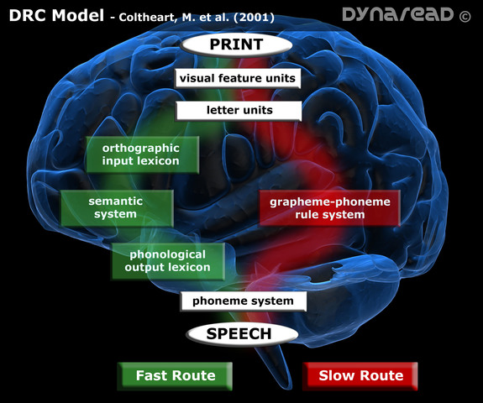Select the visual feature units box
click(x=237, y=78)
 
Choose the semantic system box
click(x=115, y=207)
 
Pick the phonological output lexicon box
click(x=168, y=260)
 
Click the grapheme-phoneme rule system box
click(x=328, y=208)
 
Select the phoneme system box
click(x=243, y=301)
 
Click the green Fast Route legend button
click(x=175, y=375)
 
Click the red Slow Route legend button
click(x=361, y=375)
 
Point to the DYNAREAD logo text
click(x=394, y=14)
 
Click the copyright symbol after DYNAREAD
click(x=465, y=14)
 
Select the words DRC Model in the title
click(x=55, y=16)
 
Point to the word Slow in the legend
click(x=338, y=375)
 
